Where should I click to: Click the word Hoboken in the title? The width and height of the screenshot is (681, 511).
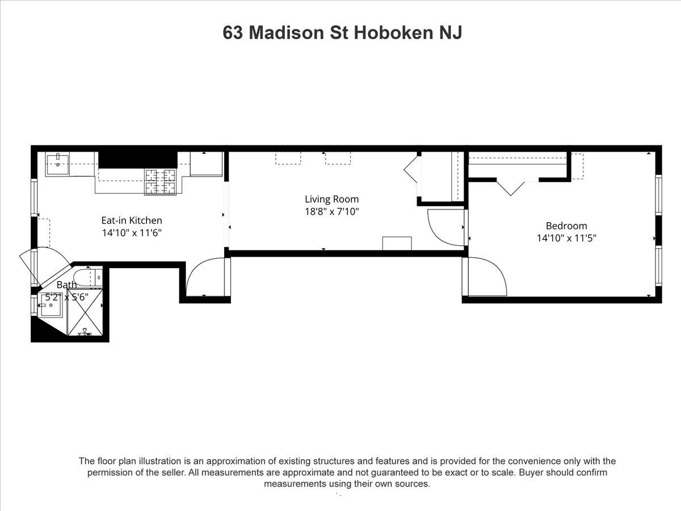coord(393,32)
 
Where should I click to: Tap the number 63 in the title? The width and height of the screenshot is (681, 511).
coord(233,32)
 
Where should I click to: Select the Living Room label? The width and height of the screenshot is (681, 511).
coord(331,199)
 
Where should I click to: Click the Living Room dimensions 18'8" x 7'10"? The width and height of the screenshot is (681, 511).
coord(331,212)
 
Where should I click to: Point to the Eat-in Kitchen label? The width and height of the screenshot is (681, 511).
coord(132,220)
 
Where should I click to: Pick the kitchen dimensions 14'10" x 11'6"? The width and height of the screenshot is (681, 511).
coord(132,233)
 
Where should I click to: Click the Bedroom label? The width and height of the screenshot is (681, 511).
coord(566,225)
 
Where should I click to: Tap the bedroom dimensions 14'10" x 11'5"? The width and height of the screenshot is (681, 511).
coord(566,238)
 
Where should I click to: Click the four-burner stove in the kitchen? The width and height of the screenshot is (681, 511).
coord(160,182)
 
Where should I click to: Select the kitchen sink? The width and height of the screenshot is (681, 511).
coord(57,164)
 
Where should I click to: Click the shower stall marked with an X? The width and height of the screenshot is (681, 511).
coord(85,312)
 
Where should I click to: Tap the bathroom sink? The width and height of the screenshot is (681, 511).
coord(51,305)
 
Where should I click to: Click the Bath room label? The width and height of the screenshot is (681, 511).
coord(66,284)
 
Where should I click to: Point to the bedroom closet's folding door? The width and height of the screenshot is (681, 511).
coord(511,187)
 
